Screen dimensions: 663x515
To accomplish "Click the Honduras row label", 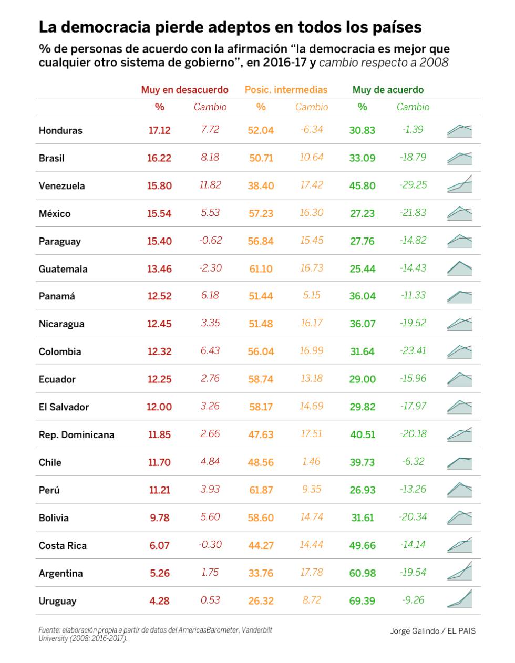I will tap(60, 130).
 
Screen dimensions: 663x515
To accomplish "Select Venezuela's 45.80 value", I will tap(363, 185).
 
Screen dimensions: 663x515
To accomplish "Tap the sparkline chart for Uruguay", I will tap(460, 599).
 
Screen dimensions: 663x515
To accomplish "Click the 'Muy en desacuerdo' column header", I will tap(184, 90).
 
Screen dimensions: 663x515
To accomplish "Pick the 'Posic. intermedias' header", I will tap(286, 90).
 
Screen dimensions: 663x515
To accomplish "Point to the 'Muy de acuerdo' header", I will tap(388, 90).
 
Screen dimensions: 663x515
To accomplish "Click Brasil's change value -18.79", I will tap(413, 157).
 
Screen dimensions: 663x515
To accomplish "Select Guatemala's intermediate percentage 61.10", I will tap(261, 269).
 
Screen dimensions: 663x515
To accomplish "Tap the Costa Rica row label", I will tap(63, 545).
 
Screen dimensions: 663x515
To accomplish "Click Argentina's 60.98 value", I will tap(363, 573).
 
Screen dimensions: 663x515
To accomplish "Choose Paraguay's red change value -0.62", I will tap(210, 240).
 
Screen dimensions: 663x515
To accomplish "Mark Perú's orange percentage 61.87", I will tap(261, 490).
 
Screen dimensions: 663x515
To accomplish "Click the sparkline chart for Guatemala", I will tap(460, 268).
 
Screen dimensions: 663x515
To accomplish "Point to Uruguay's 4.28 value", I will tap(159, 601).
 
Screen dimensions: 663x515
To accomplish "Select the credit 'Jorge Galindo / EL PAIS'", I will tap(432, 631).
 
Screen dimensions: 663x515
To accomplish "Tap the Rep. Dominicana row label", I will tap(76, 435).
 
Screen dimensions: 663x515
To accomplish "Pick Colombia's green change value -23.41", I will tap(413, 350).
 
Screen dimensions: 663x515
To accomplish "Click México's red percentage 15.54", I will tap(159, 213).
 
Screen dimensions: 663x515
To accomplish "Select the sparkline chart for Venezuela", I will tap(460, 184).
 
